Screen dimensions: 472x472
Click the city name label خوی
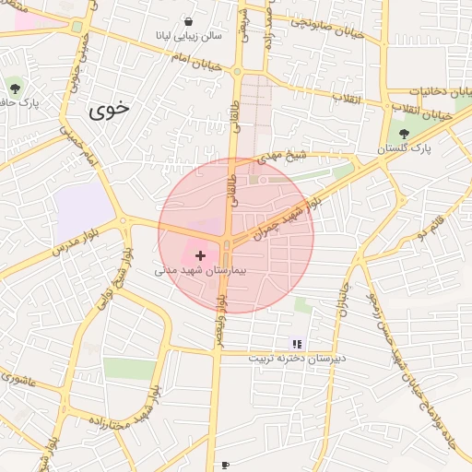click(x=110, y=111)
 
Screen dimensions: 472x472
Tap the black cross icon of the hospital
click(x=200, y=255)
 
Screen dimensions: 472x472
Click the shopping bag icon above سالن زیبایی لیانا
click(x=189, y=21)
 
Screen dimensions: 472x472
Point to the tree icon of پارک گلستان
click(x=404, y=134)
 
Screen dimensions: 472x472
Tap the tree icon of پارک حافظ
click(x=15, y=88)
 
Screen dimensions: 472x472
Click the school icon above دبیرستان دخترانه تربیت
click(x=297, y=344)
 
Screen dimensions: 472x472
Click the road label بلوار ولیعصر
click(x=220, y=317)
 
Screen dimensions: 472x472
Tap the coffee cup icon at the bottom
click(x=225, y=466)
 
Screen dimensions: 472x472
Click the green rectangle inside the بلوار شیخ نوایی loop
click(x=129, y=369)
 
